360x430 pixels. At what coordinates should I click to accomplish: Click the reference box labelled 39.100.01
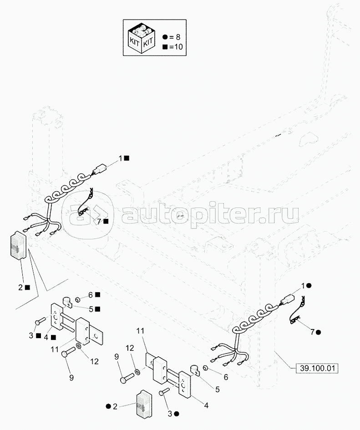[x=317, y=368]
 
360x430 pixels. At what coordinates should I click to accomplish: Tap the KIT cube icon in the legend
[x=142, y=38]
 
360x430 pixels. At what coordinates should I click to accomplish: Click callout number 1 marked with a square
[x=121, y=158]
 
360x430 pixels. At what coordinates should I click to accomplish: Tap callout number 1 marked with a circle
[x=303, y=286]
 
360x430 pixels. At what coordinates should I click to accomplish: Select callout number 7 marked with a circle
[x=312, y=332]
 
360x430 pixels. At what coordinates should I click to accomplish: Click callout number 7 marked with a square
[x=100, y=221]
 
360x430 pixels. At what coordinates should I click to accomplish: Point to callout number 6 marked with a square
[x=91, y=295]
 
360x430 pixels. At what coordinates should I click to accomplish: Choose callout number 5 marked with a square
[x=91, y=309]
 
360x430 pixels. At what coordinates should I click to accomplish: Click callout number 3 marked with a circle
[x=170, y=414]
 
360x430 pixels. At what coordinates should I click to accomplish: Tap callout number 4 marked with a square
[x=46, y=337]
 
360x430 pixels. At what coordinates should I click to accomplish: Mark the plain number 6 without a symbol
[x=226, y=377]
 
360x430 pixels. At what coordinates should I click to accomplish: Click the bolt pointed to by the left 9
[x=69, y=351]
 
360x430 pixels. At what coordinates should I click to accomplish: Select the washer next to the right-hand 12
[x=137, y=372]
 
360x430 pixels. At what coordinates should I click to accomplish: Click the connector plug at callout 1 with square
[x=98, y=169]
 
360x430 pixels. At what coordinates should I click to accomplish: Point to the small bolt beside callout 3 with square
[x=41, y=321]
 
